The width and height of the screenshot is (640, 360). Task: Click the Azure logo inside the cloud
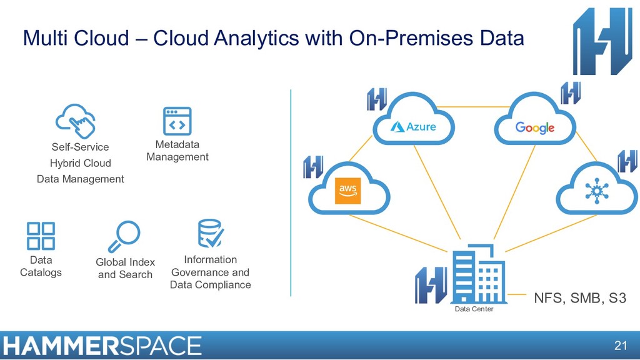click(413, 127)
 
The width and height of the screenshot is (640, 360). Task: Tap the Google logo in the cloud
click(535, 127)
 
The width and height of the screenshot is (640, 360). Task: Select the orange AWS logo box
click(348, 190)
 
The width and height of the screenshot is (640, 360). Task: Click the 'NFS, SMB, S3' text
click(579, 298)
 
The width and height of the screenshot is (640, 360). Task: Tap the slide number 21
click(620, 346)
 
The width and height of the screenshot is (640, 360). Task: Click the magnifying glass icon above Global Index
click(124, 236)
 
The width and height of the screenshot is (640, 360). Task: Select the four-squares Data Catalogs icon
click(41, 236)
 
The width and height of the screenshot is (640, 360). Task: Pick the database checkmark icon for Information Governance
click(210, 234)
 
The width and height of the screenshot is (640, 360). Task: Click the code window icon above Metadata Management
click(177, 121)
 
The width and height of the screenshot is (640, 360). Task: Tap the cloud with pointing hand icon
click(76, 120)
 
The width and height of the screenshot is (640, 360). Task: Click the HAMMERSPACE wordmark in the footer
click(102, 346)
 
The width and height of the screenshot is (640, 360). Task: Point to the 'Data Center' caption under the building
click(474, 309)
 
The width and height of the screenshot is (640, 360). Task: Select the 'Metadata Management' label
click(177, 151)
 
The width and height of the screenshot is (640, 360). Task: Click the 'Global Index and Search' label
click(125, 268)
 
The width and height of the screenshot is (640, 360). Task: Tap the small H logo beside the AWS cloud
click(313, 167)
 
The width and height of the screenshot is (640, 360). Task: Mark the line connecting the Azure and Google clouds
click(475, 107)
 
